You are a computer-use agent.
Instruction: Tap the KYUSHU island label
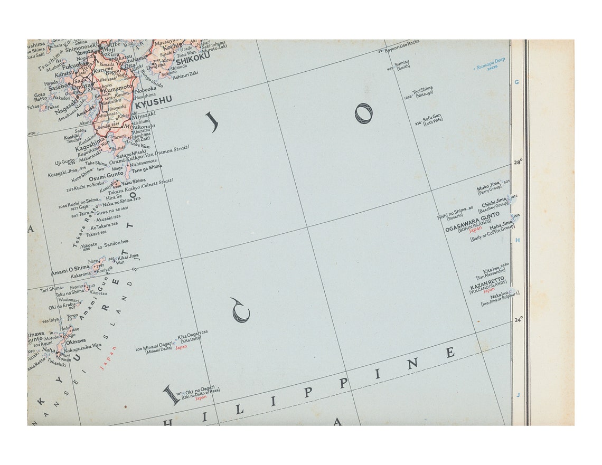point(153,99)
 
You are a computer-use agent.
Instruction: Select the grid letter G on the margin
point(516,82)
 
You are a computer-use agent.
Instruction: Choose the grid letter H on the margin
point(518,240)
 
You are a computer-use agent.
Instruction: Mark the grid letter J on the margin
point(518,395)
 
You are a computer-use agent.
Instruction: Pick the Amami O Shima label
point(70,269)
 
